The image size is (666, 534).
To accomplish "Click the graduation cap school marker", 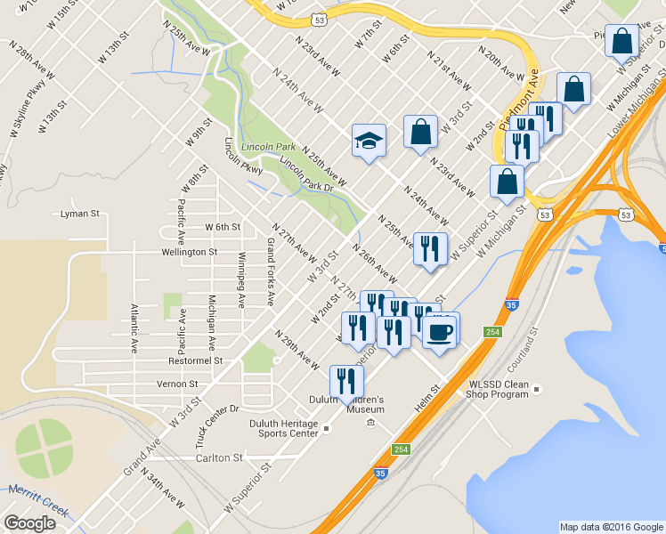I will pos(369,141).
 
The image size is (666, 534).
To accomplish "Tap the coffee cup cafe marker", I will pos(440,331).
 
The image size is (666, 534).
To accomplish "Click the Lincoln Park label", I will pos(274,146).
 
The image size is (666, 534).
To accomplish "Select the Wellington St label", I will pos(189,252).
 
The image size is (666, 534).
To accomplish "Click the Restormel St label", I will pos(195,361).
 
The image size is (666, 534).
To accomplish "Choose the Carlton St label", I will pos(219,457).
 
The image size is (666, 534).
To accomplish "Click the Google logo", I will pos(29,523).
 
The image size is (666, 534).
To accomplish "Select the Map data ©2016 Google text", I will pos(611,527).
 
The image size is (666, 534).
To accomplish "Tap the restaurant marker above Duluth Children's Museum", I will pos(346,381).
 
